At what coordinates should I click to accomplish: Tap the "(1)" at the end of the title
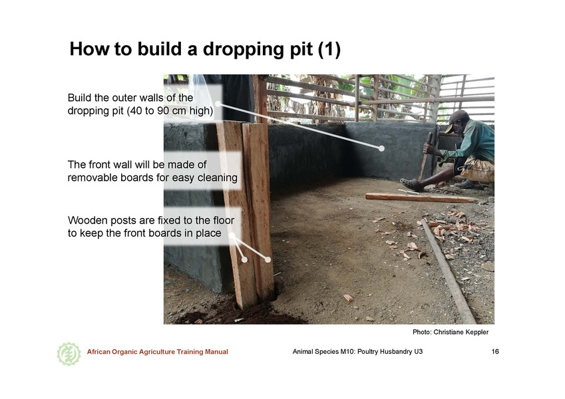click(x=329, y=49)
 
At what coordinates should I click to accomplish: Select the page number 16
click(x=495, y=352)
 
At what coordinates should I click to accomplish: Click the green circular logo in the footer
click(x=69, y=354)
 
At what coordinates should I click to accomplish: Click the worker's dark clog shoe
click(x=411, y=185)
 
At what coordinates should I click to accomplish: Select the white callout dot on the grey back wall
click(x=381, y=148)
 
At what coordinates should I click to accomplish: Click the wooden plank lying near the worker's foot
click(x=421, y=198)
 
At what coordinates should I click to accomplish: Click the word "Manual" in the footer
click(x=216, y=352)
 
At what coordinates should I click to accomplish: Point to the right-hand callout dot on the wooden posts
click(x=268, y=259)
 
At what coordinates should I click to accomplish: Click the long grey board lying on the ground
click(x=449, y=271)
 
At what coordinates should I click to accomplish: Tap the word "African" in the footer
click(x=98, y=352)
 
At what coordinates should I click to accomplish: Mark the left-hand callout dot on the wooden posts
click(x=244, y=259)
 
